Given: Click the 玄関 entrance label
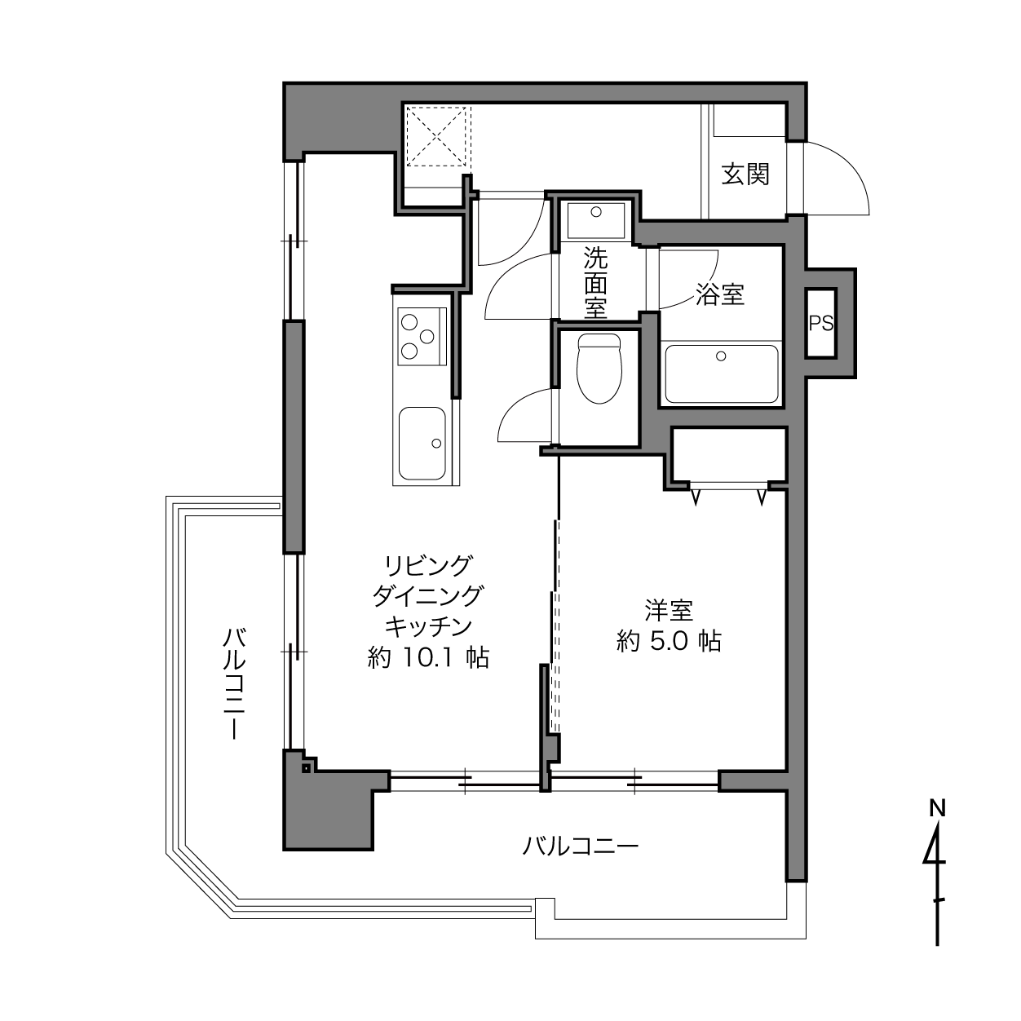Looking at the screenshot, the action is (x=745, y=175).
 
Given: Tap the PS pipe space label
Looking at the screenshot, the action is (x=820, y=323).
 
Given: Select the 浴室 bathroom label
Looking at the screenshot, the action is (x=720, y=294).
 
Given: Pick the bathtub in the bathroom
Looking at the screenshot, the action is (x=721, y=374).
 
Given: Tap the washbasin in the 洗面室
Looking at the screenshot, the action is (x=596, y=220).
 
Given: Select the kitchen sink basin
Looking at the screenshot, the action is (x=422, y=444).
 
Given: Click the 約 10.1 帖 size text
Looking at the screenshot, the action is (x=428, y=657).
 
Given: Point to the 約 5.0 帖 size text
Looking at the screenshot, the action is (x=669, y=642).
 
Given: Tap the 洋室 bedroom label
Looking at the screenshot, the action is (x=669, y=610).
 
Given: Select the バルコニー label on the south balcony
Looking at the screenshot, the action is (x=581, y=846).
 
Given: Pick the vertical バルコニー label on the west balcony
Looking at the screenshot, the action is (x=234, y=683).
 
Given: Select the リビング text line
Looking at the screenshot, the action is (x=428, y=565).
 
